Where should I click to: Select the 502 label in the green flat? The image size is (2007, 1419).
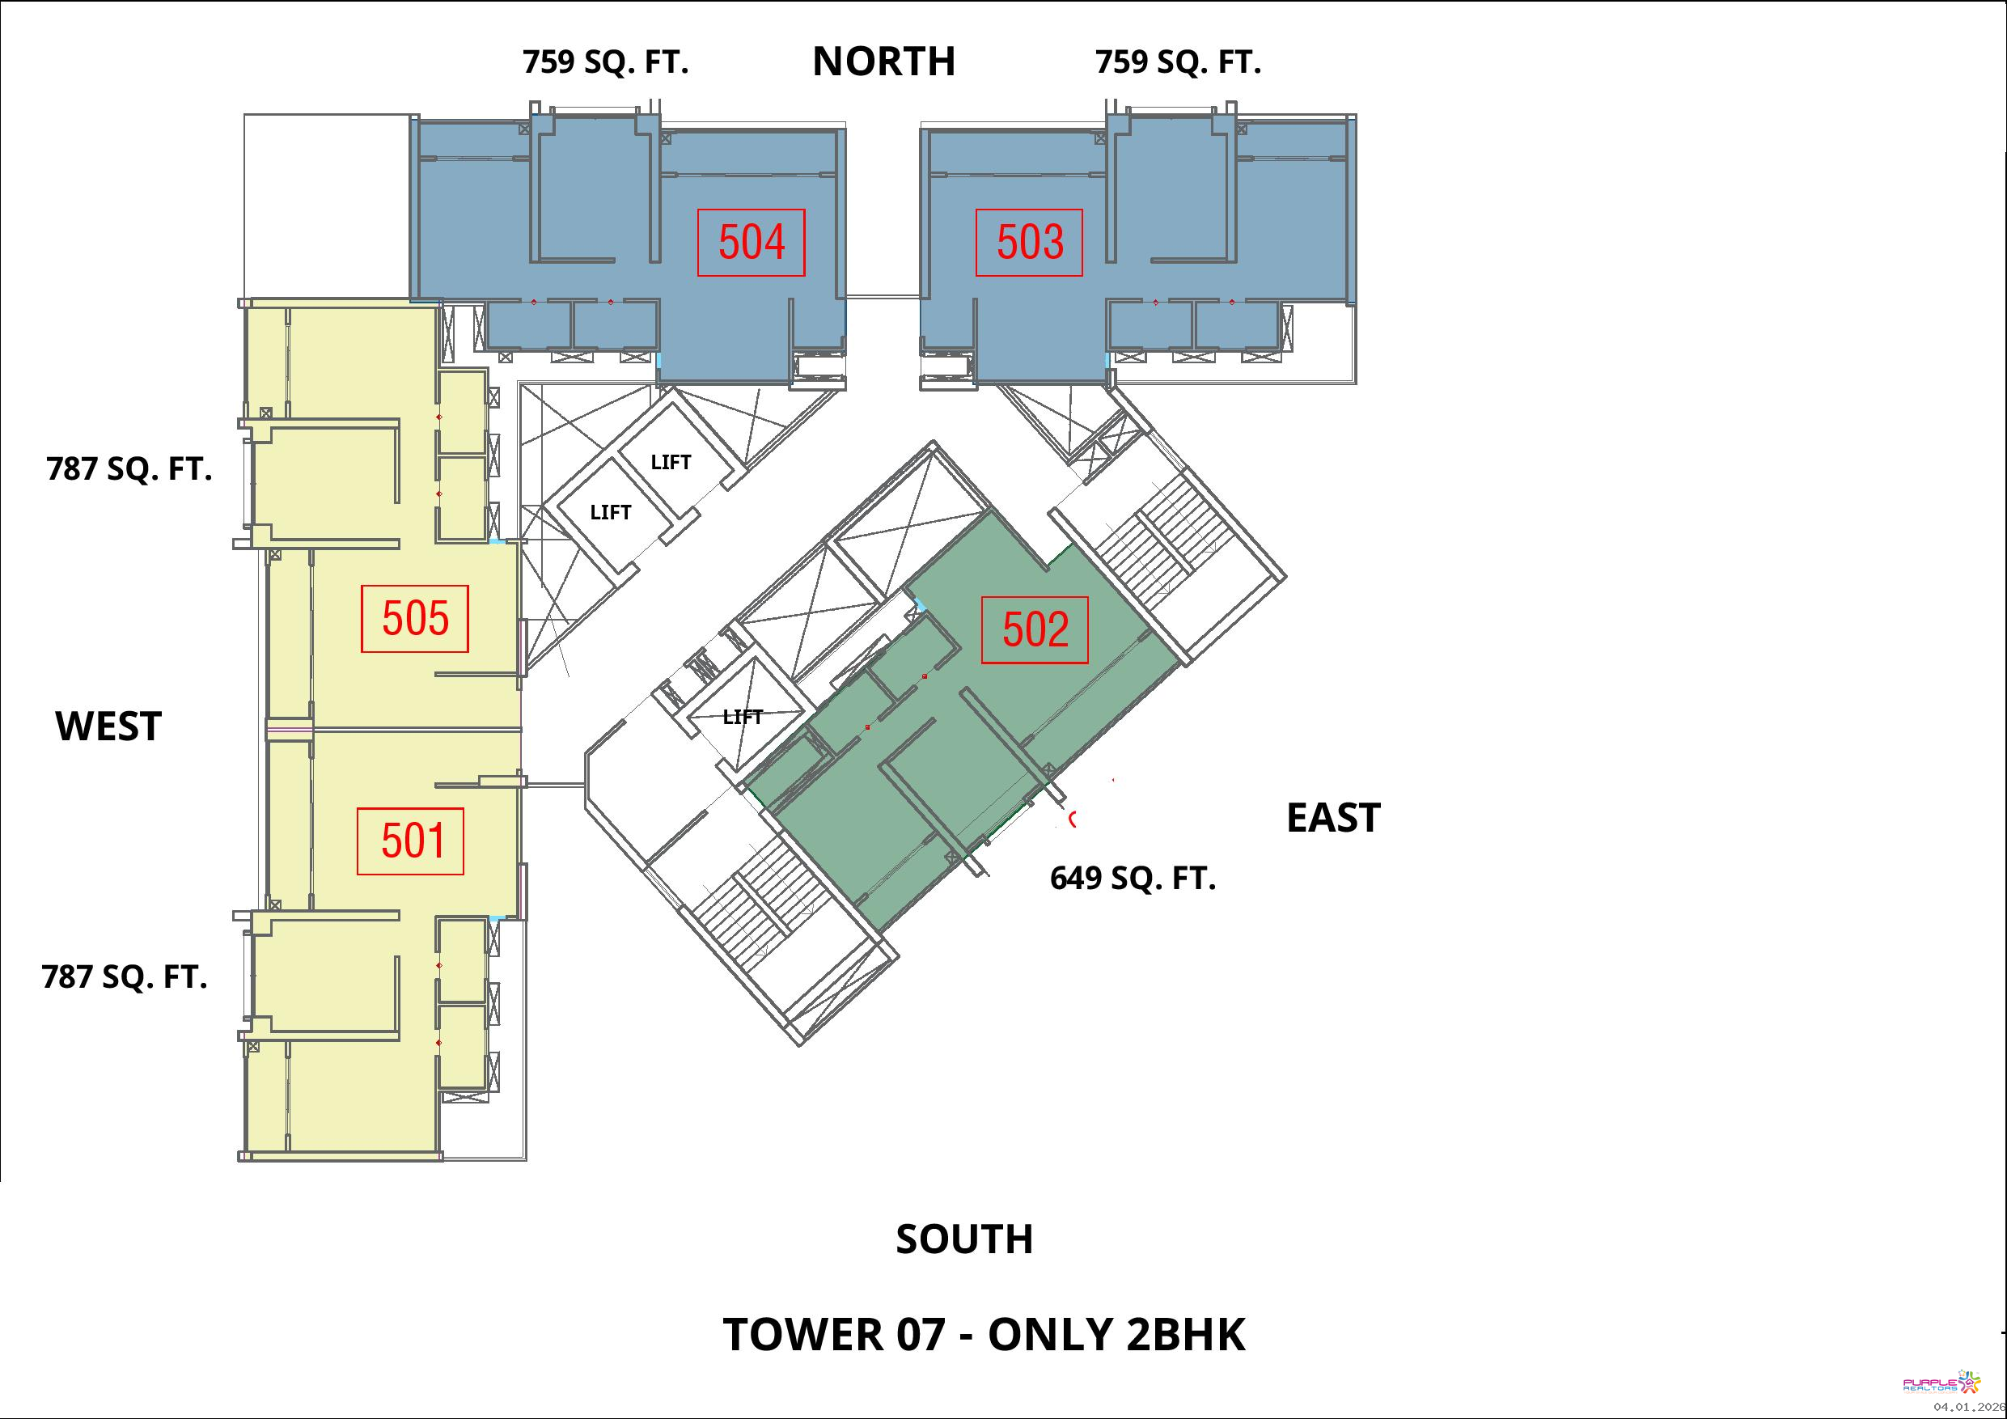coord(1035,629)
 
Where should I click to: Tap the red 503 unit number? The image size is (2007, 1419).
coord(1030,242)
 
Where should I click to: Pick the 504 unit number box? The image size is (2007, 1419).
coord(751,242)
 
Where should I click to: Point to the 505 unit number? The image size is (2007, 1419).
coord(415,618)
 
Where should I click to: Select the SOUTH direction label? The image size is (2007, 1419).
coord(964,1239)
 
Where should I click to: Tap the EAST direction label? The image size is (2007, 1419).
coord(1333,817)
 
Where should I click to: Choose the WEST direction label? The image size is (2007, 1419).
coord(108,726)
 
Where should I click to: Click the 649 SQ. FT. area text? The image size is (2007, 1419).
coord(1133,878)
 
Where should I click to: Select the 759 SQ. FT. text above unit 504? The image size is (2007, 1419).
coord(606,62)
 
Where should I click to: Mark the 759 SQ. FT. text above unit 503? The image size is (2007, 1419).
coord(1179,62)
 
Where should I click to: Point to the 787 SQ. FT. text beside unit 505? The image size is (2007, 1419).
coord(129,469)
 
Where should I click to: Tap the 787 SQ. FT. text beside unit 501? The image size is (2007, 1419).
coord(125,976)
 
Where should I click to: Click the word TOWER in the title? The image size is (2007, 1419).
coord(803,1334)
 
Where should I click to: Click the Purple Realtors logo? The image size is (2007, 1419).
coord(1941,1383)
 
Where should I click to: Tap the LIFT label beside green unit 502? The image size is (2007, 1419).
coord(743,717)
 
